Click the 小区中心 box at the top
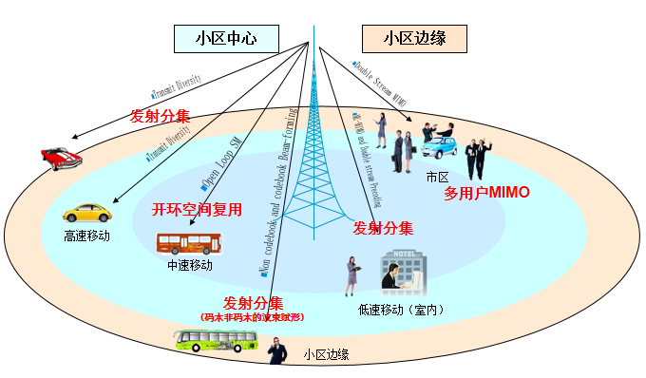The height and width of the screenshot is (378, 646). coord(226,38)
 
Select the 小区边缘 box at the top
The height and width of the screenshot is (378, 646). coord(416,38)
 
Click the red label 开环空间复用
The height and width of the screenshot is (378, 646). coord(199,209)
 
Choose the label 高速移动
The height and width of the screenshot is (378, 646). coord(87,236)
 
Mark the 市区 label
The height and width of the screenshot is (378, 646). coord(437,177)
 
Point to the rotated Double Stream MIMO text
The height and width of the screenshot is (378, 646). coord(378,85)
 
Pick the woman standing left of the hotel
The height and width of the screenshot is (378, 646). coord(353,275)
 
